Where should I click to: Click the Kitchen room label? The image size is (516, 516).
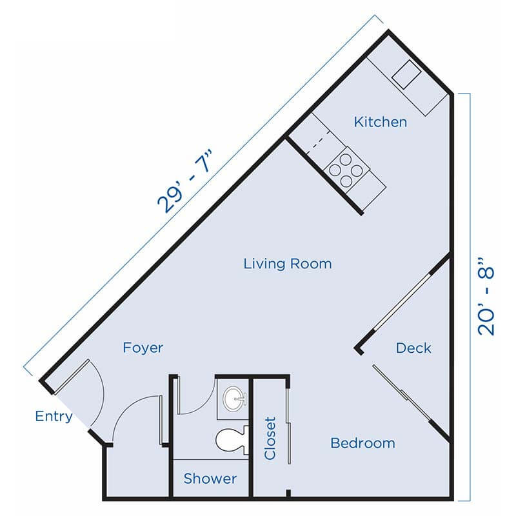click(381, 121)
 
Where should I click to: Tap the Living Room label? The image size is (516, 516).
click(288, 263)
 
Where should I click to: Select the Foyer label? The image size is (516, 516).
click(143, 348)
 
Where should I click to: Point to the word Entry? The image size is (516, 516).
click(54, 417)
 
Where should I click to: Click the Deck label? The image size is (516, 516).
click(413, 348)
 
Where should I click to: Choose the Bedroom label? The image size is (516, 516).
click(362, 443)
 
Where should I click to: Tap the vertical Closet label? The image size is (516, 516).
click(270, 439)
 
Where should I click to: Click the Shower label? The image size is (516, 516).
click(210, 479)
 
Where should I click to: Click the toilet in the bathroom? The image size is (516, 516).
click(232, 441)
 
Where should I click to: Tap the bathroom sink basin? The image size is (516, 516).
click(234, 398)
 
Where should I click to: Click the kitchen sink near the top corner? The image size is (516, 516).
click(408, 76)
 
